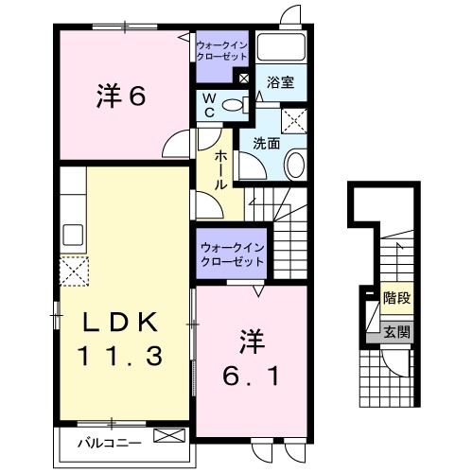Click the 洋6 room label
120,96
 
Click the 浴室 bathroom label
281,82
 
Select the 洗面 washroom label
266,145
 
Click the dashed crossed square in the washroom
295,118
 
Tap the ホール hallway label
220,169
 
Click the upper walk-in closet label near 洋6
220,50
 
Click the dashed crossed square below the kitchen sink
74,271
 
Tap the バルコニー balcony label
109,441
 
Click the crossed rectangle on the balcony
169,437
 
